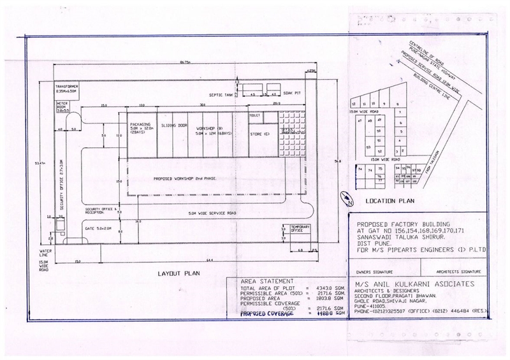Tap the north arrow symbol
click(x=345, y=199)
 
